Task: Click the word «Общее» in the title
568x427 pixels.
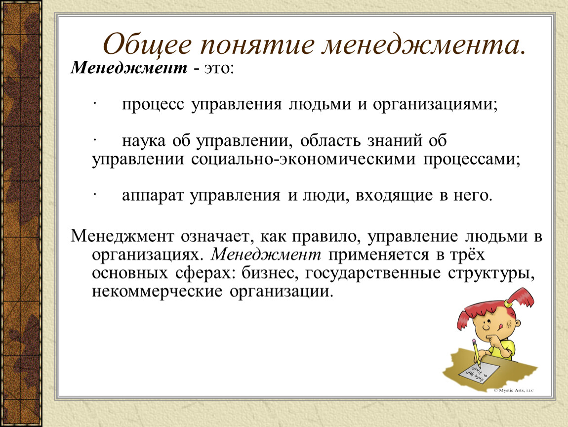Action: [x=147, y=44]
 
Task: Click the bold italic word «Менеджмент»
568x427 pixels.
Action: [x=129, y=67]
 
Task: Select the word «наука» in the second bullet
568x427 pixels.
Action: [x=143, y=141]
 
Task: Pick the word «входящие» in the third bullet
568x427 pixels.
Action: [x=394, y=196]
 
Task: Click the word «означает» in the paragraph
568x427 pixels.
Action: [x=215, y=237]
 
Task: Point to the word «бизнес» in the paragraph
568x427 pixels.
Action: [x=270, y=273]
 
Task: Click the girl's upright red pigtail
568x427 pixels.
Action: [x=521, y=297]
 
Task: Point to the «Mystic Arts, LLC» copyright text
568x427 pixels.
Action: [x=514, y=390]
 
